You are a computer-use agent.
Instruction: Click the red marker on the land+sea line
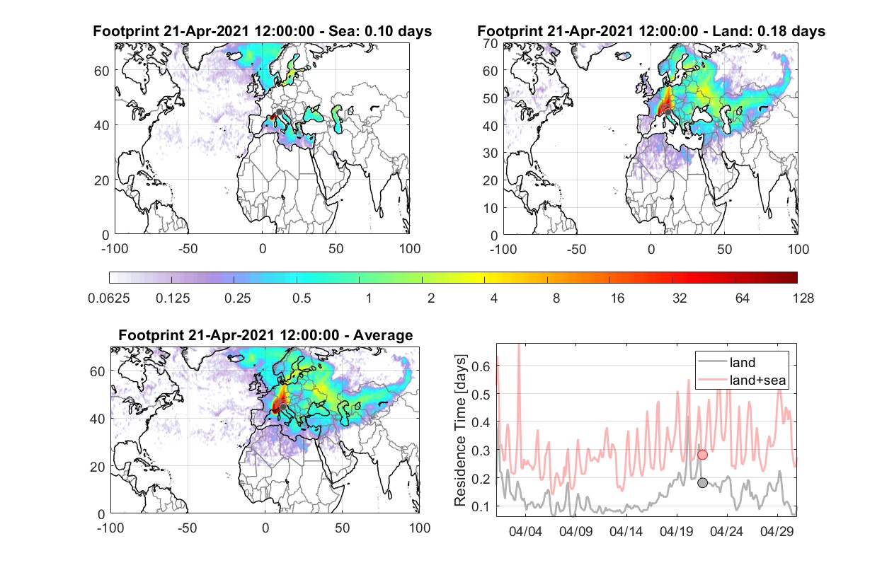click(x=702, y=455)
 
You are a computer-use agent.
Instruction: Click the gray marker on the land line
click(x=702, y=483)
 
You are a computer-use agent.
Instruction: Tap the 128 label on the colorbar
click(x=803, y=298)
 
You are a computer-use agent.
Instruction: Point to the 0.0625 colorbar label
click(x=109, y=298)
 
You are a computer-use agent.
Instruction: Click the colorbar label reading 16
click(x=617, y=298)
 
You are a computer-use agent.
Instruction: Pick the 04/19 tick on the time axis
click(x=676, y=531)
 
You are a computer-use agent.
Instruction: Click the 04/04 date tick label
click(x=525, y=531)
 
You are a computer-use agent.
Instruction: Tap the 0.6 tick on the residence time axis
click(x=481, y=366)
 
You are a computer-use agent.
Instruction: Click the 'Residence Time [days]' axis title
click(x=460, y=430)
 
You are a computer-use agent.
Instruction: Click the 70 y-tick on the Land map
click(x=491, y=43)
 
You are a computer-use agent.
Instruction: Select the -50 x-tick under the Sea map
click(x=188, y=249)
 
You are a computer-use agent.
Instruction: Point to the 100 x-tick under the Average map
click(x=420, y=528)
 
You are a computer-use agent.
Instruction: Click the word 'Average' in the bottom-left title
click(x=383, y=335)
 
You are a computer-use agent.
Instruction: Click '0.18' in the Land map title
click(x=770, y=31)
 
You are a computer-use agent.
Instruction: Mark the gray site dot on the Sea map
click(x=279, y=112)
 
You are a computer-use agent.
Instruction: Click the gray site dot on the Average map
click(x=282, y=407)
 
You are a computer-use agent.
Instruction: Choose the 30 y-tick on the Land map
click(x=491, y=153)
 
